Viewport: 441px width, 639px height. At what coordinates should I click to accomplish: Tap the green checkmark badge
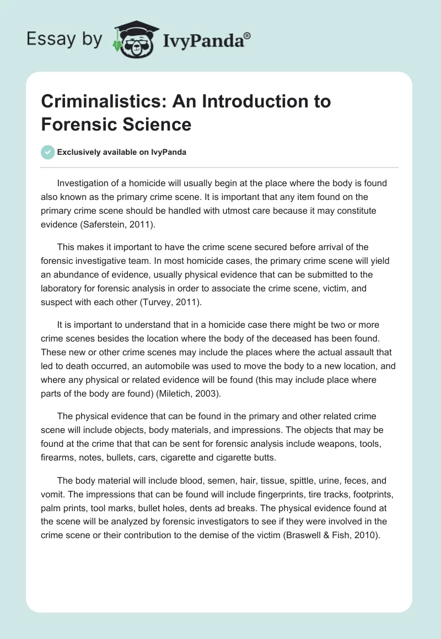pyautogui.click(x=47, y=152)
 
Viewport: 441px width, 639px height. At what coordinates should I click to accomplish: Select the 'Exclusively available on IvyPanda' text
pyautogui.click(x=122, y=152)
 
